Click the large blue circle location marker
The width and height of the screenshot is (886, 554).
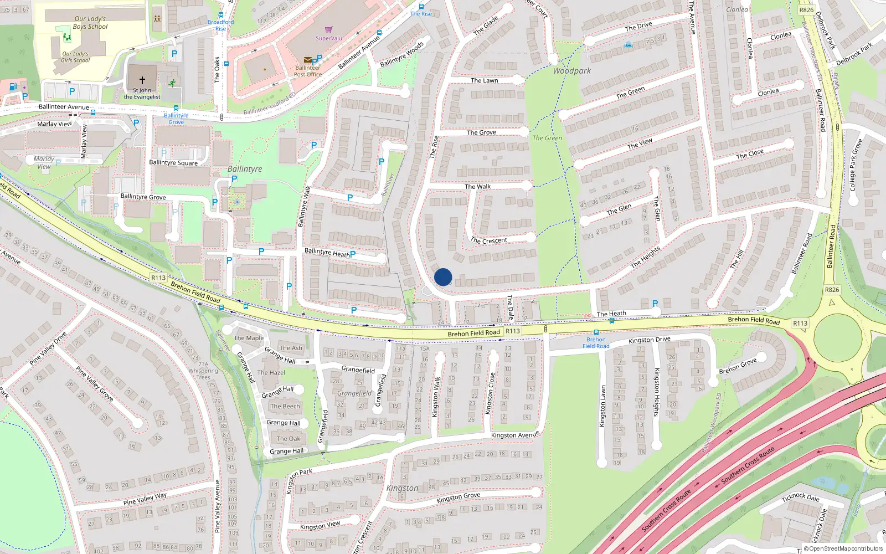443,277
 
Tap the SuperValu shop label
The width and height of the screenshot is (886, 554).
329,38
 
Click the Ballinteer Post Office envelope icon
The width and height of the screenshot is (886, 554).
307,60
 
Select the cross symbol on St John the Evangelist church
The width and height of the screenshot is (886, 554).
142,80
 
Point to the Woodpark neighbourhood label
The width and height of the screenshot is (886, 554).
571,71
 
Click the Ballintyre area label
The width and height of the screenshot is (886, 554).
245,169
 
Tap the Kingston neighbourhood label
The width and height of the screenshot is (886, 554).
402,488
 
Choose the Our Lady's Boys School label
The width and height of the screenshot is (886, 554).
90,23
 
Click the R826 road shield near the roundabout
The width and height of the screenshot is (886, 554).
832,289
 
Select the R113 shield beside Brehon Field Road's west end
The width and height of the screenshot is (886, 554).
158,278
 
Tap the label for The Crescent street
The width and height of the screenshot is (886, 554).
489,240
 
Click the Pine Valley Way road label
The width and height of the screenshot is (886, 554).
145,499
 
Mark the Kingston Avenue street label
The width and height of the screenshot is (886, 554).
515,435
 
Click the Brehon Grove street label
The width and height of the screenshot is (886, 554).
738,366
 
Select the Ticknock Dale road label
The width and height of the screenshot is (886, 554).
800,496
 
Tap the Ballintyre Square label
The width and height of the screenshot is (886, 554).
173,163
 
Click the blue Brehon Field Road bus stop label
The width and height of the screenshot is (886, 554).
596,343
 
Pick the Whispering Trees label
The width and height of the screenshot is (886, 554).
203,374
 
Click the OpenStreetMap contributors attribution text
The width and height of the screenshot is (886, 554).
846,549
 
